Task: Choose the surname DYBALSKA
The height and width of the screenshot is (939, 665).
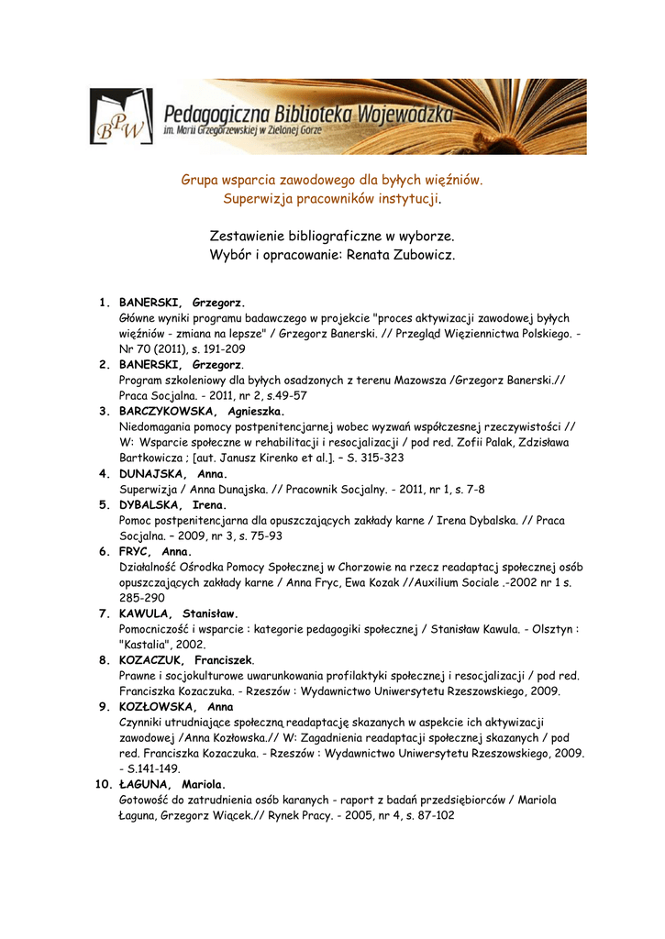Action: coord(152,505)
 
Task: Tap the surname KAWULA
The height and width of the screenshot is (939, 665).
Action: coord(146,613)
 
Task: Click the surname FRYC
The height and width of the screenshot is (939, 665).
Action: coord(135,551)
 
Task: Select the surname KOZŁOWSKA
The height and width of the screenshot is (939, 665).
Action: coord(157,707)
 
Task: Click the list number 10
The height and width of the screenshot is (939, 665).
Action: coord(102,784)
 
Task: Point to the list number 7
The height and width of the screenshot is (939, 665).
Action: coord(105,613)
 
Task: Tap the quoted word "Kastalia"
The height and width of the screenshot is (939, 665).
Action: coord(148,645)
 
